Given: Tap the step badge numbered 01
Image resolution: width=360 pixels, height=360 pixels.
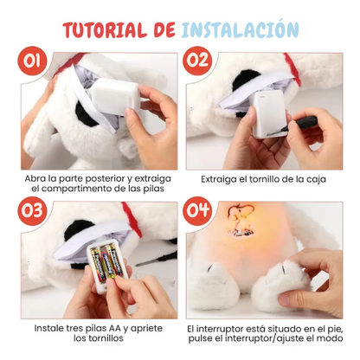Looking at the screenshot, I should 34,62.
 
